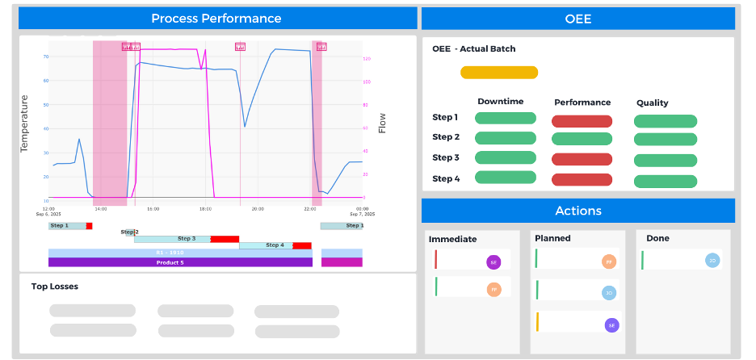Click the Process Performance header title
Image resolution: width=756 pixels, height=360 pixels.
[216, 19]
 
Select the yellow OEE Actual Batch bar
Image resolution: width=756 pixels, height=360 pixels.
[498, 73]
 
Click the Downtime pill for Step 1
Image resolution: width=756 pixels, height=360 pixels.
[505, 118]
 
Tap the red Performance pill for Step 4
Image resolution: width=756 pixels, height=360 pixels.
[582, 180]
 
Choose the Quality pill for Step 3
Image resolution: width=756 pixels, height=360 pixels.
[665, 161]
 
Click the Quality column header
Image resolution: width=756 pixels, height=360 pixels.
[652, 103]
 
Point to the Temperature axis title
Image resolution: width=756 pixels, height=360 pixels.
[24, 124]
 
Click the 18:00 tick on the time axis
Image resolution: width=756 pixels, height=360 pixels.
[205, 209]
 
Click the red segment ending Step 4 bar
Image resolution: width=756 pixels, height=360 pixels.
[302, 245]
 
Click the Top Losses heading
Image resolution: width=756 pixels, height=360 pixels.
[54, 286]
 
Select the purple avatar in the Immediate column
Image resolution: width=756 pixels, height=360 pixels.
[493, 262]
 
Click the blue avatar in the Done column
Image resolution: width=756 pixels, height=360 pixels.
[712, 260]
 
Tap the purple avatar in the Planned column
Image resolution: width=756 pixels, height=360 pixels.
[611, 324]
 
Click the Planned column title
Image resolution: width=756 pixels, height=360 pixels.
[552, 238]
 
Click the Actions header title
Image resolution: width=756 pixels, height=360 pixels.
[578, 211]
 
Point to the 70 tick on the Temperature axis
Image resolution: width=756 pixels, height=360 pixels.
[46, 57]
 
